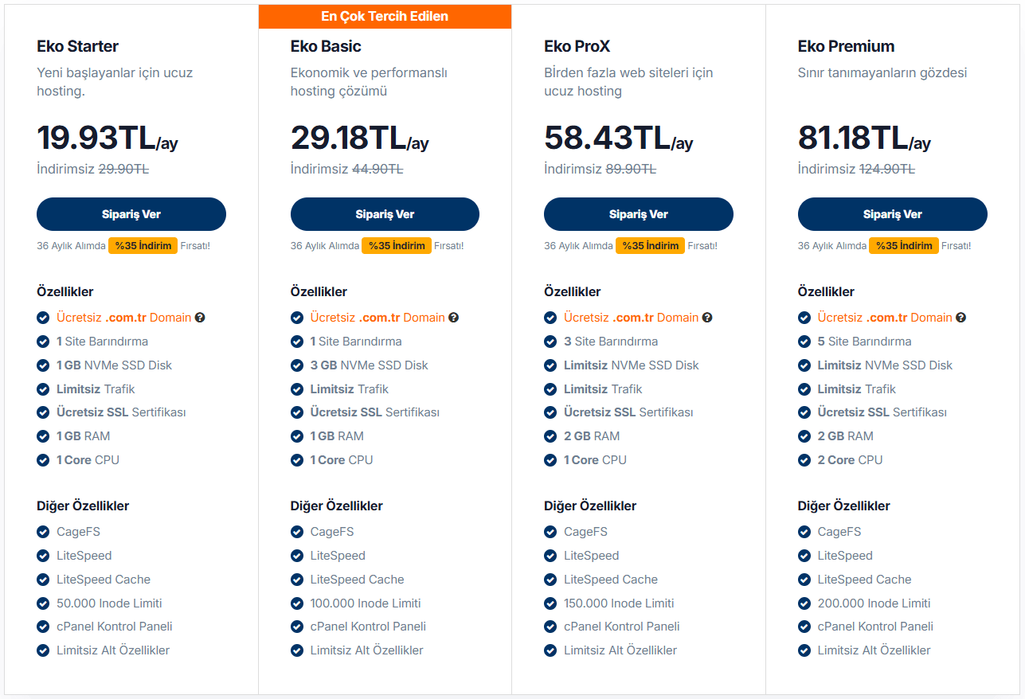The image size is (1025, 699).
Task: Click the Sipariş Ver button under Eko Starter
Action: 131,214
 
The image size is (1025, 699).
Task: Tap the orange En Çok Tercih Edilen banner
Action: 385,16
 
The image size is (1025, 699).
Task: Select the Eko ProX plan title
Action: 577,46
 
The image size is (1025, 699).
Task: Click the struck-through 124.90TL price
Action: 886,169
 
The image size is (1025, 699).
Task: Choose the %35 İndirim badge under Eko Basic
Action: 397,246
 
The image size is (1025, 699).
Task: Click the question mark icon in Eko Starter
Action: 200,318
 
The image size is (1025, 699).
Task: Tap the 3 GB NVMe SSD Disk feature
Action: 369,365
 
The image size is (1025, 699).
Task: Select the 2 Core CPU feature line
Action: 850,460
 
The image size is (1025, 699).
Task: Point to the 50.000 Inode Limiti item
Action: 109,603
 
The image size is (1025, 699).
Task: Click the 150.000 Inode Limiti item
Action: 619,603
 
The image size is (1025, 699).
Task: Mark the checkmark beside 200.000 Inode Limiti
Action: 804,603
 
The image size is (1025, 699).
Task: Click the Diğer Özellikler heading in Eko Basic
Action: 336,506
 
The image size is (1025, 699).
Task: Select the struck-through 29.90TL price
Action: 123,169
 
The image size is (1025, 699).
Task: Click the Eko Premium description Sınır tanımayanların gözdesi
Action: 882,72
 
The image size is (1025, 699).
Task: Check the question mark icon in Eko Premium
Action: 961,318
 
